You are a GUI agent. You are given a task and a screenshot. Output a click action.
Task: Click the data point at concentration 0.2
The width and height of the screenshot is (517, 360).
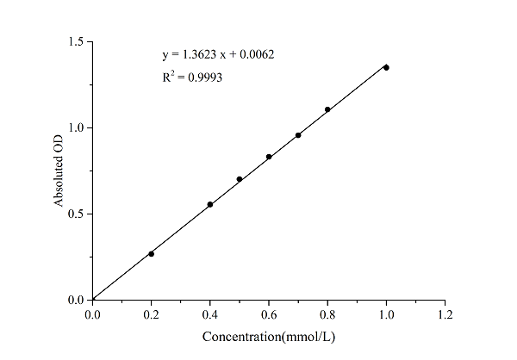coord(151,253)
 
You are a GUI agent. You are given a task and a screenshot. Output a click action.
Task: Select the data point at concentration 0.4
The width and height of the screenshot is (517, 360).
coord(209,204)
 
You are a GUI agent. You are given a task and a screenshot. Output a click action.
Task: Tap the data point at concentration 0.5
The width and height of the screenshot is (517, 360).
coord(239,179)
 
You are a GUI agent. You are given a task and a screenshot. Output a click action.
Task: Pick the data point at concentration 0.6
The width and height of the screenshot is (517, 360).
coord(269,157)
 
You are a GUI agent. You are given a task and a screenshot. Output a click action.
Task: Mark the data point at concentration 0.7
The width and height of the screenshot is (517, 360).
coord(298,135)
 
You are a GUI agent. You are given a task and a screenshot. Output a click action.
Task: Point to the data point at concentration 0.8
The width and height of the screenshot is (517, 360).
coord(327,109)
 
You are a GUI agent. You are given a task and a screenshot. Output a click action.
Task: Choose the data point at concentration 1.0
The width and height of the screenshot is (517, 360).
coord(386,67)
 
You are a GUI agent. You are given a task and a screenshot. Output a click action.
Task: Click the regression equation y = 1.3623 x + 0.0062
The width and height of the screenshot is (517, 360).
coord(218,55)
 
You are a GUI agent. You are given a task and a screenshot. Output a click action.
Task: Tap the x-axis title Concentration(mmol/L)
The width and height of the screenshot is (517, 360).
coord(268,336)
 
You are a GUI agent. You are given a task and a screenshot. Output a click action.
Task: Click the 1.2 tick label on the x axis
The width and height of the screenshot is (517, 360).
coord(445,314)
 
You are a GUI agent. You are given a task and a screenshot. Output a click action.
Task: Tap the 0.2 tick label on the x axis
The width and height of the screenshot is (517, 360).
coord(151,314)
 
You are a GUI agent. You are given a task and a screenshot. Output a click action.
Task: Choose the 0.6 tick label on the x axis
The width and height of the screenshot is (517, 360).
coord(269,314)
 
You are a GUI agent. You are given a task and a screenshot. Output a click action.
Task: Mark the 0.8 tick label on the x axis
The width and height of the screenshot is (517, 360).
coord(327,314)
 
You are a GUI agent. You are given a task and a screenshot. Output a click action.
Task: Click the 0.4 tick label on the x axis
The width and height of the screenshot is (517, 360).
coord(209,314)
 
